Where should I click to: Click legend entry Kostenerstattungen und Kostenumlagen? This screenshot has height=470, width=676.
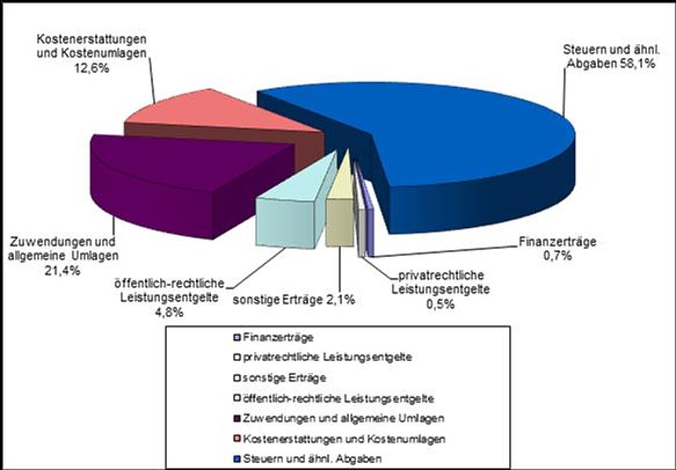tap(345, 439)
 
